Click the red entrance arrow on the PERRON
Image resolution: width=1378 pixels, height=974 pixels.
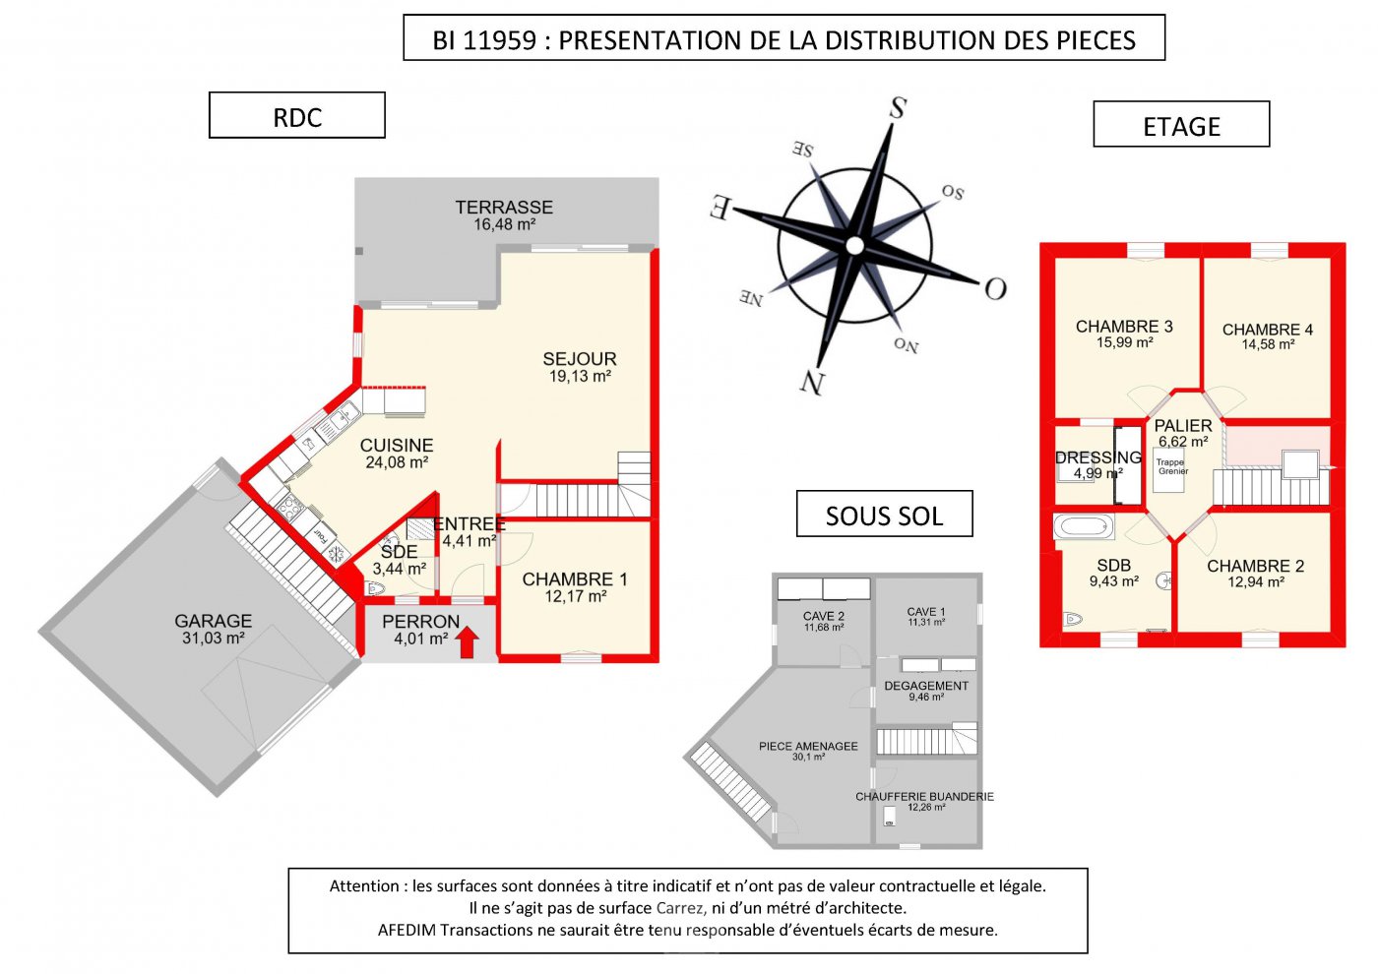468,641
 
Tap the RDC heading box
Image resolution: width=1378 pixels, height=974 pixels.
297,115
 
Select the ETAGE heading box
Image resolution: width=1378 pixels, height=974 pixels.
1181,124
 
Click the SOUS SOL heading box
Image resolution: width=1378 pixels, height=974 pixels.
884,514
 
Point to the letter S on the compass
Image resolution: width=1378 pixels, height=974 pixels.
898,107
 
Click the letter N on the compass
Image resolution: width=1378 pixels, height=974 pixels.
812,383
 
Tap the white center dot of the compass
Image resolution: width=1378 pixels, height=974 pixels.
854,245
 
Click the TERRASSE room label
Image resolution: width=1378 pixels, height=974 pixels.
504,208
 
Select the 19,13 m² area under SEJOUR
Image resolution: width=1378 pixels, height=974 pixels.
580,376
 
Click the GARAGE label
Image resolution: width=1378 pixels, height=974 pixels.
214,621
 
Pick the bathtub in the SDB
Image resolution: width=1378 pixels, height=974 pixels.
1084,527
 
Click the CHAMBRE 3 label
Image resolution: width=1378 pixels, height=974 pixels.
1124,327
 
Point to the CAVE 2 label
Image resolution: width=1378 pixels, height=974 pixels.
824,616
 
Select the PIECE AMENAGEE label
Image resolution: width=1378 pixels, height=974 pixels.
808,747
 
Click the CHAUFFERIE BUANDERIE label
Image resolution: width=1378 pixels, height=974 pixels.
924,797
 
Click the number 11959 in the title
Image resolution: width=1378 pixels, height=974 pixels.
500,40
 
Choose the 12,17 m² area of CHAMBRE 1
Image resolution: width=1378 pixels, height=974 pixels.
576,596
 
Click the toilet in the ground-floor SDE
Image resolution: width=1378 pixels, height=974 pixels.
373,589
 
